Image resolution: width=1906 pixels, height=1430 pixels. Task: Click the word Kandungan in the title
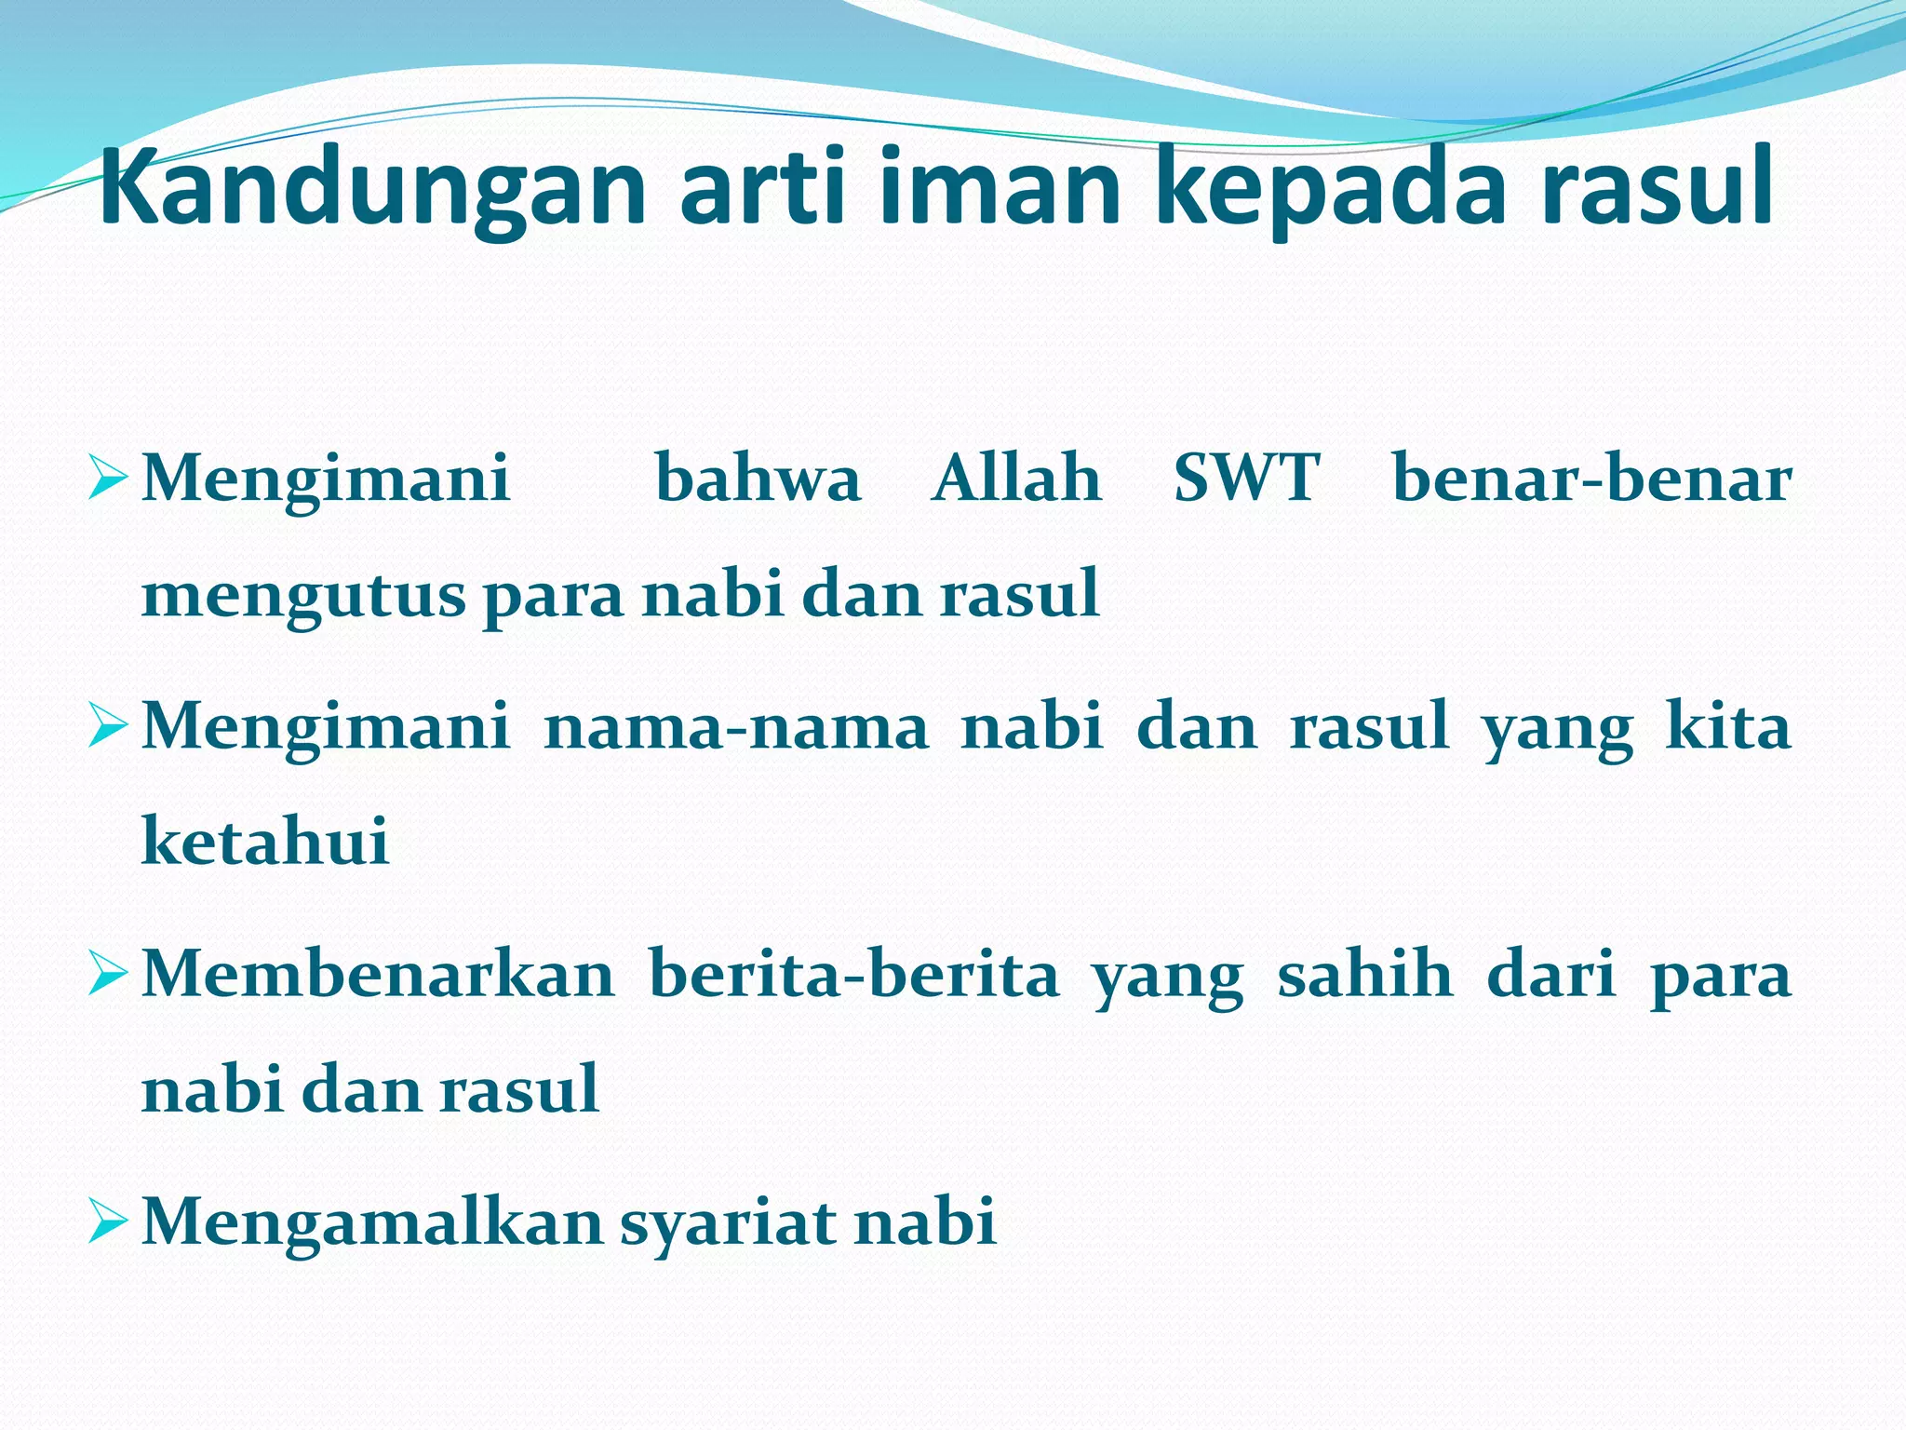(x=372, y=189)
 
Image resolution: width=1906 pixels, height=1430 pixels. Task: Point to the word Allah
(x=1016, y=479)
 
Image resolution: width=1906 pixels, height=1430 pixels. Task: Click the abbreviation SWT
(x=1246, y=479)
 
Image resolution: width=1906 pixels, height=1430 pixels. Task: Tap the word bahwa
(x=758, y=479)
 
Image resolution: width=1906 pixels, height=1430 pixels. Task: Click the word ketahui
(x=265, y=842)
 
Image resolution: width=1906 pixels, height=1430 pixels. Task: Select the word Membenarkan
(x=378, y=974)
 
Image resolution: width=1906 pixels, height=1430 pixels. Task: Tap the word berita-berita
(x=853, y=974)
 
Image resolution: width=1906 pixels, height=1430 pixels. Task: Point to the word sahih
(x=1364, y=974)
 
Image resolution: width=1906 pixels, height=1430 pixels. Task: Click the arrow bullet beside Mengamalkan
(x=106, y=1225)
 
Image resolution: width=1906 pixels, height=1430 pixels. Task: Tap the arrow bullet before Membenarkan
(x=106, y=978)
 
